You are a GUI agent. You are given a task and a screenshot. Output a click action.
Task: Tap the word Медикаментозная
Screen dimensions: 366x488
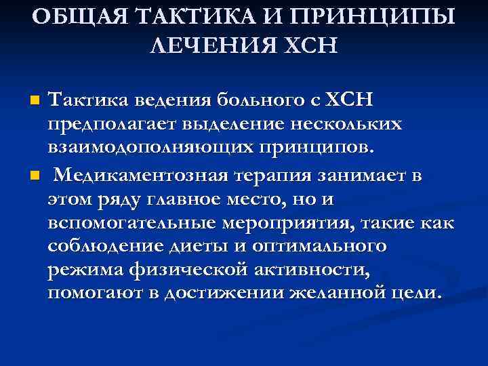(x=138, y=176)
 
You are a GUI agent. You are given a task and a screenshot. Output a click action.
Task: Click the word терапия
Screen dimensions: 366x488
(x=275, y=176)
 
